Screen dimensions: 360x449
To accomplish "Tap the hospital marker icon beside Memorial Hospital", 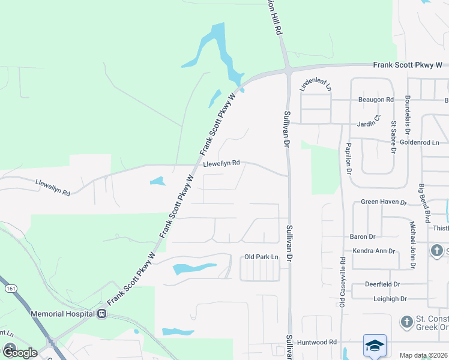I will click(102, 313).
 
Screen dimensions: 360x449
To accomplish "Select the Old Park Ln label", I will click(262, 257).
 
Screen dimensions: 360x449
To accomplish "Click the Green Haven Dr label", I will click(384, 202).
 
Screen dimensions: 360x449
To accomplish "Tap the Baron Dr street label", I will click(362, 237).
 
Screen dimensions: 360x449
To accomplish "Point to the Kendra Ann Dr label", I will click(374, 251).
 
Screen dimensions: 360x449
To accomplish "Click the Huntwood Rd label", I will click(319, 342).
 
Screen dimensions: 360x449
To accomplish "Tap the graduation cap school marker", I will click(375, 345).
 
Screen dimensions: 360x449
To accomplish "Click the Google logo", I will click(20, 353).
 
